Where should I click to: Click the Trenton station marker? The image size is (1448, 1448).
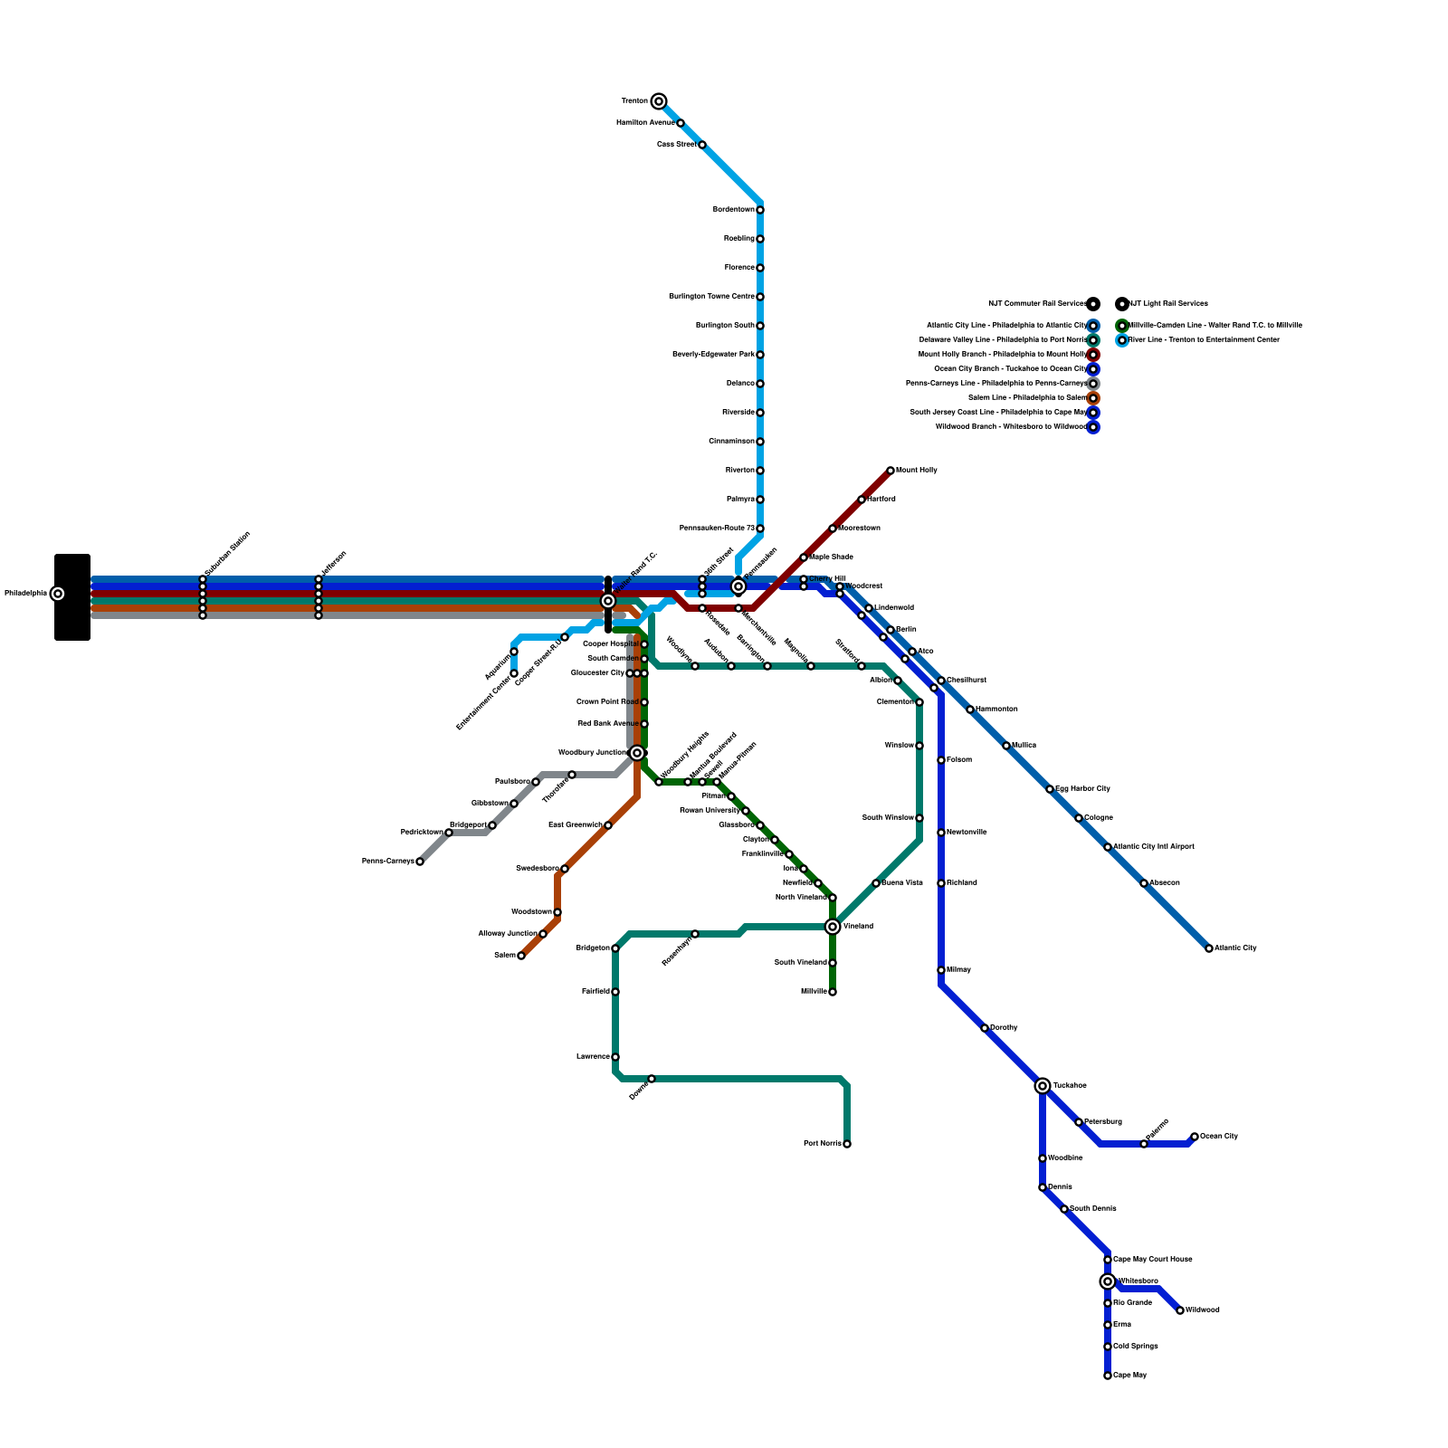tap(659, 101)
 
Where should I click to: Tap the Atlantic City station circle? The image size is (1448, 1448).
tap(1209, 948)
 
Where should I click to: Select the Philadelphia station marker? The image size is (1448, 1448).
tap(58, 594)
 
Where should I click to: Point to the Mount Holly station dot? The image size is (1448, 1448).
tap(891, 471)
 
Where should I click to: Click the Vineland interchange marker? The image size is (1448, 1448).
tap(833, 927)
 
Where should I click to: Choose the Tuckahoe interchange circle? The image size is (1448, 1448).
tap(1043, 1086)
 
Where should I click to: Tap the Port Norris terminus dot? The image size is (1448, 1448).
tap(847, 1144)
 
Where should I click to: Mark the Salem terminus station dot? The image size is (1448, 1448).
tap(521, 956)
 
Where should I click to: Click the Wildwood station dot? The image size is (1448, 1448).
tap(1180, 1310)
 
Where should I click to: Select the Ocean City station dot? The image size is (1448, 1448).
tap(1195, 1137)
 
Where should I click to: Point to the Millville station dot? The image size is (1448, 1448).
tap(833, 992)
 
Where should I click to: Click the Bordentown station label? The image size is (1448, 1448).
tap(733, 210)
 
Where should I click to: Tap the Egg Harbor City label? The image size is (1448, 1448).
tap(1082, 789)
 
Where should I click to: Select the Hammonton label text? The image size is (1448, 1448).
tap(996, 710)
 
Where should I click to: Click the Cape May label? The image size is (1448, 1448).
tap(1129, 1376)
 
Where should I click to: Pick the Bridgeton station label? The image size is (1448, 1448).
tap(593, 948)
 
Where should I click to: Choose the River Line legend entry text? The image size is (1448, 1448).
tap(1204, 340)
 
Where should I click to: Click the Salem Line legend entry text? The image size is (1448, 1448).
tap(1026, 398)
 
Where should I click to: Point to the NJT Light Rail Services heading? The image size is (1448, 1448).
tap(1168, 304)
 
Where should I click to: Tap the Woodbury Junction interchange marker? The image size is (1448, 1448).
tap(637, 753)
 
